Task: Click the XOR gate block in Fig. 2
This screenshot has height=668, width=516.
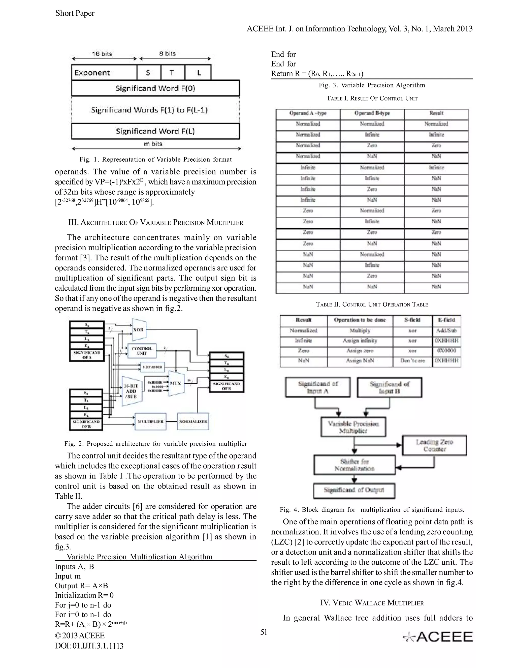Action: click(139, 330)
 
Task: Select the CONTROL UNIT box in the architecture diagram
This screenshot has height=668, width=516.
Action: click(142, 351)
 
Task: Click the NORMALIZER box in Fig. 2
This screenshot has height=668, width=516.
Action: click(193, 421)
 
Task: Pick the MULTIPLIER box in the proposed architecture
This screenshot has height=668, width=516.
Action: click(150, 421)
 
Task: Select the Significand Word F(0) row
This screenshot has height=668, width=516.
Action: click(155, 88)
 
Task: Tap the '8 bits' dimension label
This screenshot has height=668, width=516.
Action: click(168, 54)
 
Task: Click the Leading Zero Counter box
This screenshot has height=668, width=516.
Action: click(434, 445)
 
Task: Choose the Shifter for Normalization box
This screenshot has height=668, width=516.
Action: click(354, 465)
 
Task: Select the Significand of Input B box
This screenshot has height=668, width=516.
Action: click(390, 387)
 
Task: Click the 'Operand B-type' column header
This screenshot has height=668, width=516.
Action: click(372, 113)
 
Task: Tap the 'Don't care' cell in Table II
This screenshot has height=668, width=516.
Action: click(412, 361)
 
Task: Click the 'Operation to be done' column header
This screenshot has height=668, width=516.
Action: click(360, 320)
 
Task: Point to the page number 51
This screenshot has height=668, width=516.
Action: click(264, 632)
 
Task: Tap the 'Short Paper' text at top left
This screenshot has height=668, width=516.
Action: click(75, 13)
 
